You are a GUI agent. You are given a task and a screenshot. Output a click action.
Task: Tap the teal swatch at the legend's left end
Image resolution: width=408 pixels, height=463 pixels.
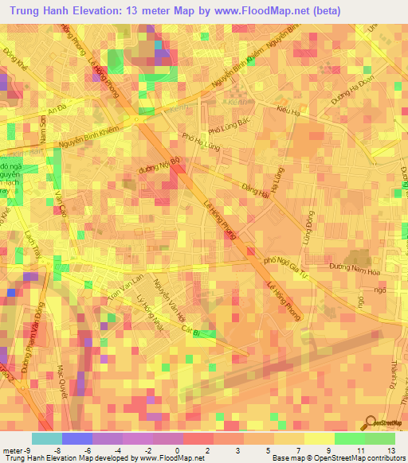coord(46,438)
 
